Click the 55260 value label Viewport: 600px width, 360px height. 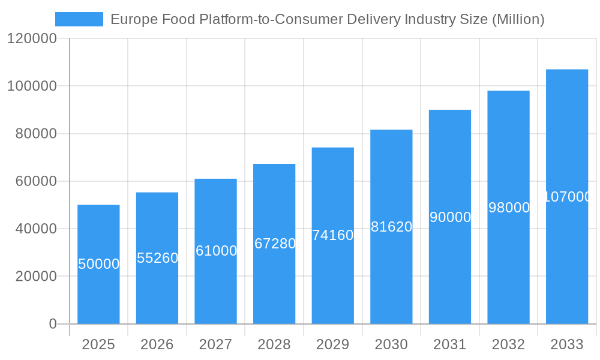coord(157,258)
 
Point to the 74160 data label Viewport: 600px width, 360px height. coord(332,235)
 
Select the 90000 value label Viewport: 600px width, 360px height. coord(450,217)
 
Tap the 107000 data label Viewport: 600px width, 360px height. coord(567,197)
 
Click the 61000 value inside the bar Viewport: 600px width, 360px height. coord(216,251)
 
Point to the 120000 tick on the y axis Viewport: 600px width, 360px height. coord(31,39)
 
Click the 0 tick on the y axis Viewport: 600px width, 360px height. coord(52,324)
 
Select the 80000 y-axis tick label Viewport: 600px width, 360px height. coord(35,134)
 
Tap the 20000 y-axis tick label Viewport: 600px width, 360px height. coord(35,277)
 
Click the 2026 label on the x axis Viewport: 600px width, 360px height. coord(157,345)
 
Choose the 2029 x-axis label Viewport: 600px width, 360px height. coord(332,345)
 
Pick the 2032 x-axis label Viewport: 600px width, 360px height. coord(508,345)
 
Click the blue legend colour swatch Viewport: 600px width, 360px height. coord(79,19)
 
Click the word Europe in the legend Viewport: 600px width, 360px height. coord(130,20)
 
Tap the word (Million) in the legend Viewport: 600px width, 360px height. coord(518,20)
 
